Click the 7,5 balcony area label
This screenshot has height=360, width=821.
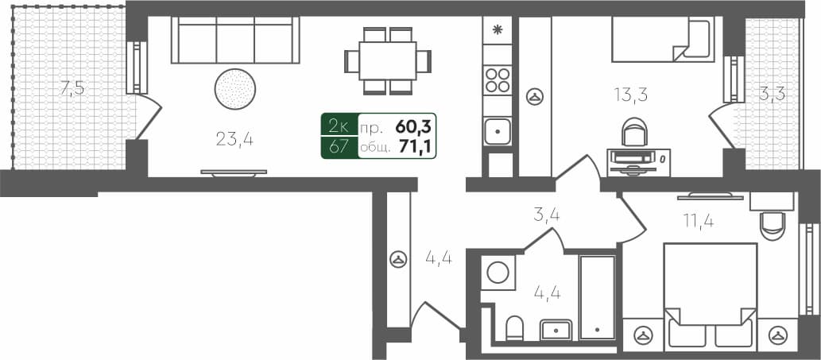72,88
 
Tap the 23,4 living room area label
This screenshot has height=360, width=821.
234,140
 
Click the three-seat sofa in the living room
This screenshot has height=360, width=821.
236,41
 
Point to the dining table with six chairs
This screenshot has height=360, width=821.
388,60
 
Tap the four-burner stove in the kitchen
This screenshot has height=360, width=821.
498,80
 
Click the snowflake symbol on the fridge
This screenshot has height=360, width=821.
498,31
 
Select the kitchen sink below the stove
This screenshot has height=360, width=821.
498,130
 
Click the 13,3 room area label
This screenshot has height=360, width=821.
630,95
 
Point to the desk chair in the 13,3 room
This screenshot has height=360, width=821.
634,132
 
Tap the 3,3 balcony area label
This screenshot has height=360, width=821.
771,94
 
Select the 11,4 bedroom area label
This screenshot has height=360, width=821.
697,220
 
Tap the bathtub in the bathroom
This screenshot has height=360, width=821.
597,296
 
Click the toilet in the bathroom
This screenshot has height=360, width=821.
514,327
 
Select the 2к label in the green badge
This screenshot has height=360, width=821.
338,126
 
